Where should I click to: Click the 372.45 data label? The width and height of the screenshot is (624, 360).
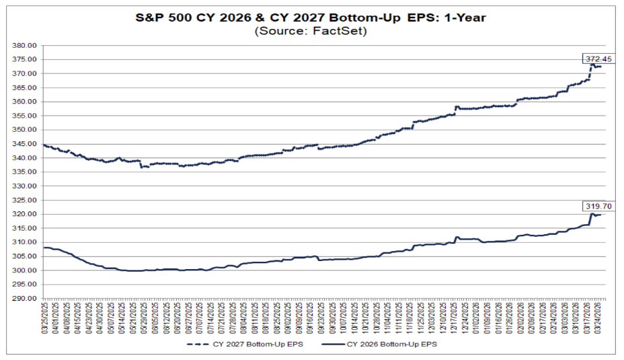598,59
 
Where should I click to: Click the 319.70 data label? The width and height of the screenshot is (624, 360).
598,206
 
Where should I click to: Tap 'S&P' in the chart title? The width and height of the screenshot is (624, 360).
152,17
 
